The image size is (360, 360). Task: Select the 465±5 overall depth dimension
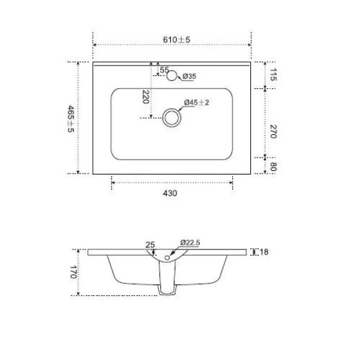click(71, 119)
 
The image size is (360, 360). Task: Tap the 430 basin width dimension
click(172, 193)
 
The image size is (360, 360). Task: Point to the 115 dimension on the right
click(272, 75)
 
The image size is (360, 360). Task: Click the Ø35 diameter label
click(190, 76)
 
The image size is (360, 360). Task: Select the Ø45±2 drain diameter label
click(196, 103)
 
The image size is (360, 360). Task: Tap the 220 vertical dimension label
click(145, 97)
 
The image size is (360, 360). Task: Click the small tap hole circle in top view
click(173, 76)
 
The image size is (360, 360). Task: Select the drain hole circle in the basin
click(172, 117)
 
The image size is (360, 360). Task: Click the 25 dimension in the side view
click(151, 245)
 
